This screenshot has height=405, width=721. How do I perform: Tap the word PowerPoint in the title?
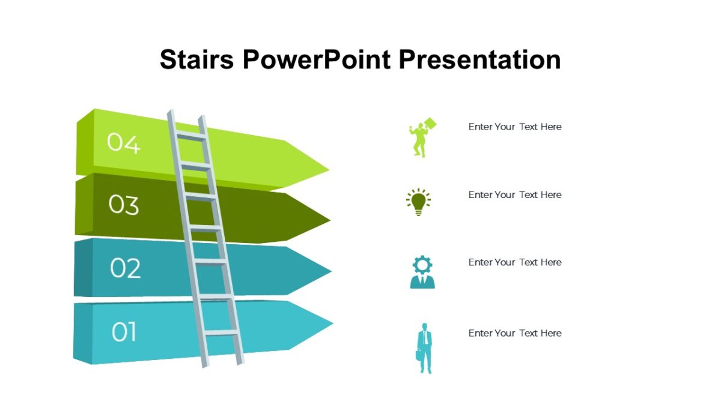(317, 59)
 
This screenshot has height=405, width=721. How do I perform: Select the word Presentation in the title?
(480, 59)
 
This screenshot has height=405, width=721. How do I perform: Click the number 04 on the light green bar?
(124, 143)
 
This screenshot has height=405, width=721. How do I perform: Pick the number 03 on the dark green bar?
(124, 205)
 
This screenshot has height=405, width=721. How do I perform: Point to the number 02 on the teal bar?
(125, 268)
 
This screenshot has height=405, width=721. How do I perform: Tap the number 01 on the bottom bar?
(124, 332)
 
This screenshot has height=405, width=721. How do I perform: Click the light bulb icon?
(418, 202)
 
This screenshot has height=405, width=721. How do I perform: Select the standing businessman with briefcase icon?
(425, 348)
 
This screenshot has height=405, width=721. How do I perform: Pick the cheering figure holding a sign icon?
(422, 137)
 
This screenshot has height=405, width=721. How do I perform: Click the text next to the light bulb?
(515, 195)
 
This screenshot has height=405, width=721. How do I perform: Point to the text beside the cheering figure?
(515, 127)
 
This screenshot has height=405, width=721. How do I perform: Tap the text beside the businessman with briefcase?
(515, 333)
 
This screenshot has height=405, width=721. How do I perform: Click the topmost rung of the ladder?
(190, 137)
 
